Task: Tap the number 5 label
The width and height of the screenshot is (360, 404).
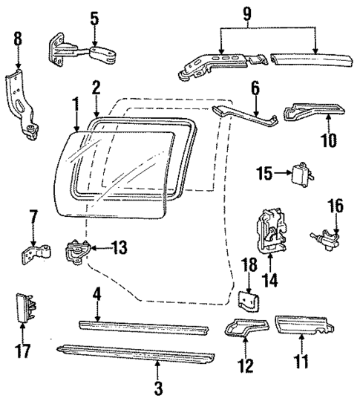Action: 94,17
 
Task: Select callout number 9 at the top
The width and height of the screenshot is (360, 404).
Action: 268,12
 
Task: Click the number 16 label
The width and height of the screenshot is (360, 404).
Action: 337,205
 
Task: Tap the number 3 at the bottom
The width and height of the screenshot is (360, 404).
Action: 157,388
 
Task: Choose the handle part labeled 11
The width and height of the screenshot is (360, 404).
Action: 306,325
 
